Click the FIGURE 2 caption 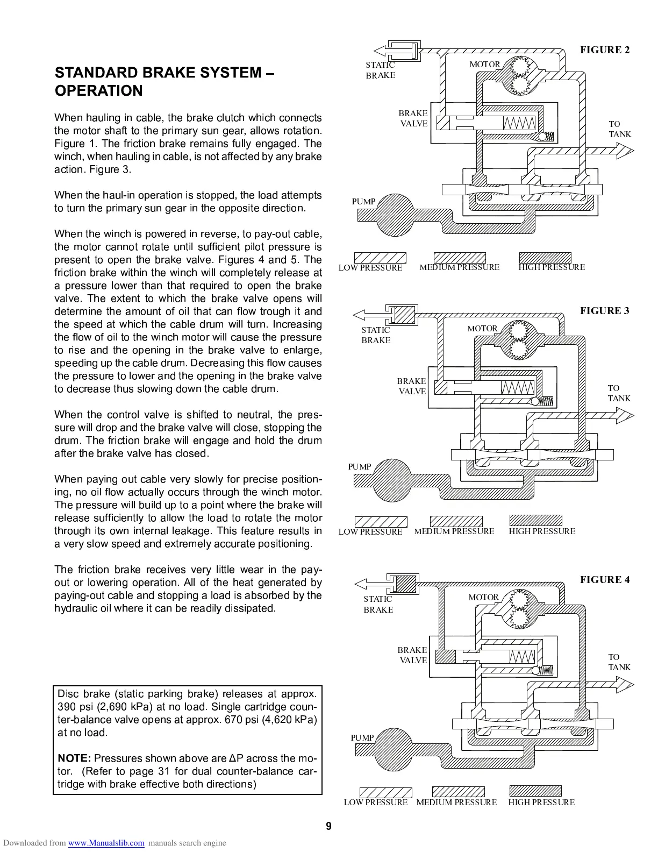tap(605, 50)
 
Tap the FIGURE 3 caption tap(604, 310)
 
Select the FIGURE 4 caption tap(604, 579)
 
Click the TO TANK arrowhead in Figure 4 tap(625, 684)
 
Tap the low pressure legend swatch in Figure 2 tap(380, 258)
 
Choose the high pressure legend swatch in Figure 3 tap(535, 520)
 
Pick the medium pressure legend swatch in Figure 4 tap(458, 791)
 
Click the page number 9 tap(328, 827)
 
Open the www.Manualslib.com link tap(106, 843)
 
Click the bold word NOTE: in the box tap(74, 758)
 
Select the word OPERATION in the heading tap(99, 91)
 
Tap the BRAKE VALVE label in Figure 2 tap(413, 118)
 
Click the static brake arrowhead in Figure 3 tap(358, 315)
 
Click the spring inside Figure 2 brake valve tap(519, 124)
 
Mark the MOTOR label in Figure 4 tap(483, 597)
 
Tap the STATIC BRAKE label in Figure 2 tap(380, 70)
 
